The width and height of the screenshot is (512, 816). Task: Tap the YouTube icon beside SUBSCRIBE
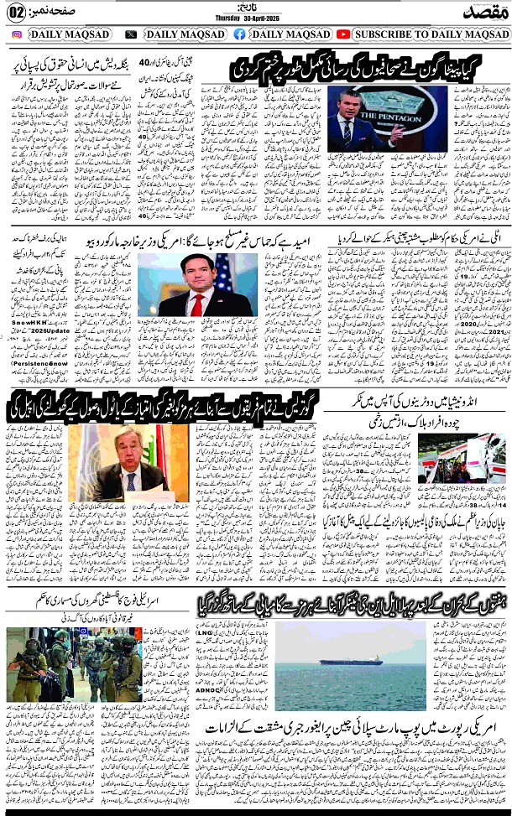click(343, 34)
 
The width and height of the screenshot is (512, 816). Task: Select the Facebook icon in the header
click(240, 34)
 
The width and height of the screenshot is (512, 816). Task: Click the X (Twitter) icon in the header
click(131, 34)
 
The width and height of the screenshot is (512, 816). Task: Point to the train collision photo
click(462, 459)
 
